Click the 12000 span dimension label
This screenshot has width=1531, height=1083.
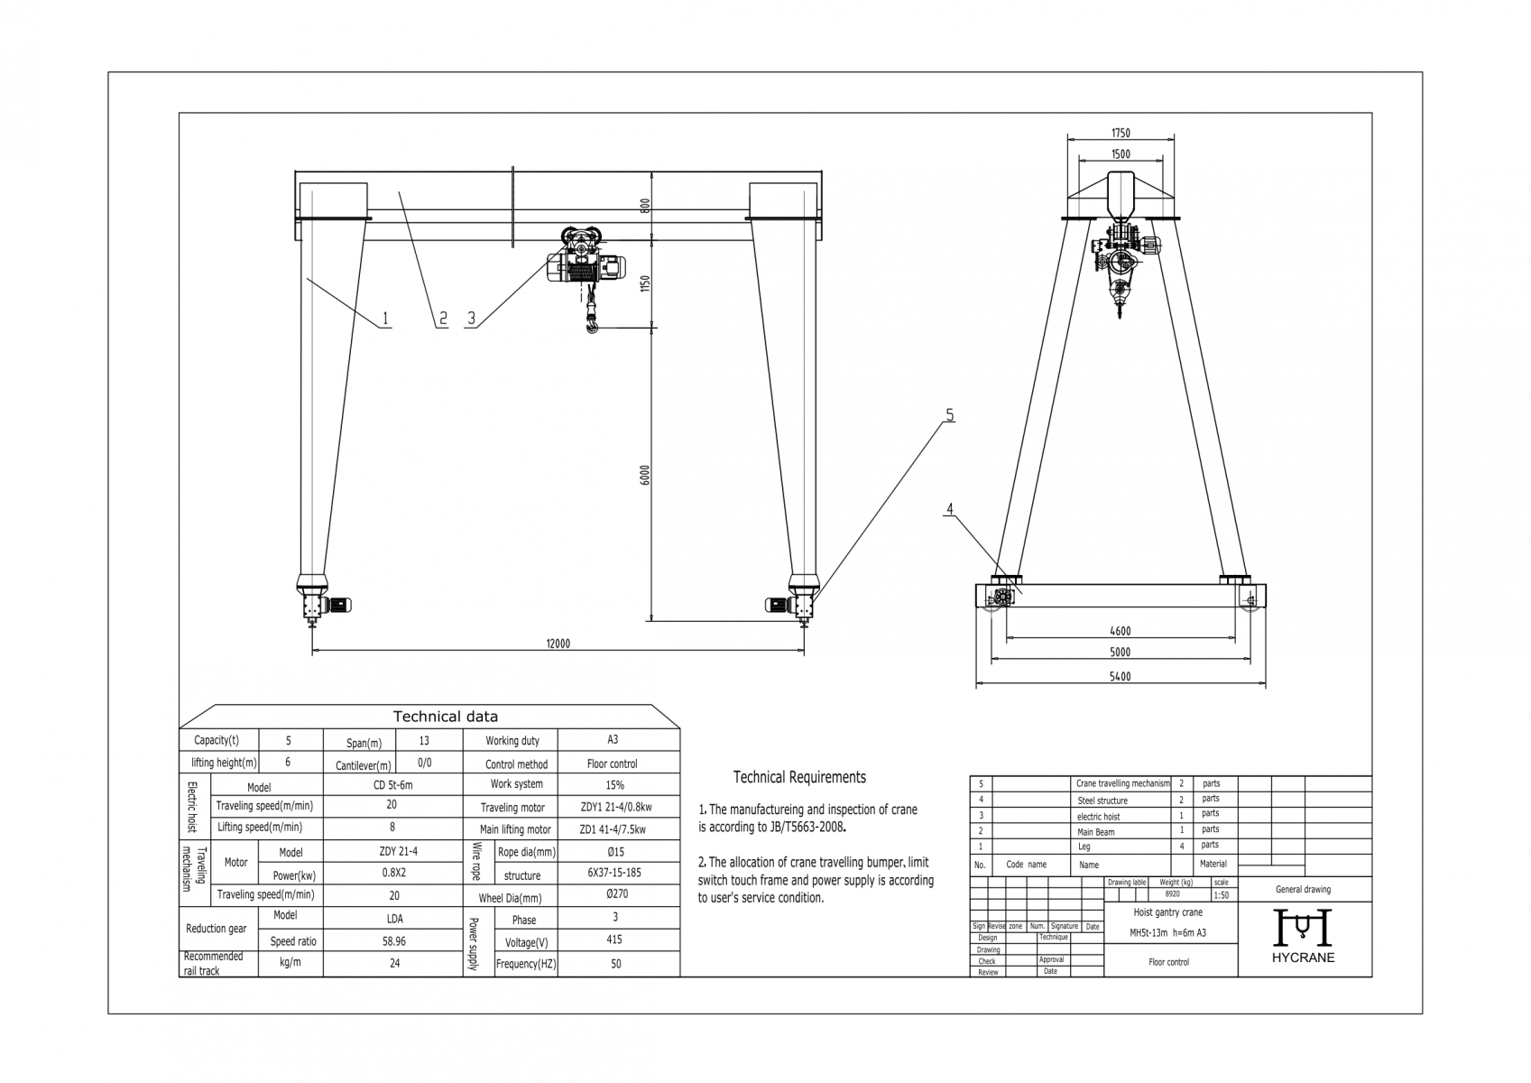tap(558, 643)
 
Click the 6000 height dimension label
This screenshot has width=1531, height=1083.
tap(644, 475)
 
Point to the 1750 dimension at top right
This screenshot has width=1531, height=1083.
tap(1121, 133)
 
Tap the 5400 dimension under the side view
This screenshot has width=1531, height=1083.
tap(1120, 676)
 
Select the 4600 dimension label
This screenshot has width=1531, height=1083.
tap(1120, 631)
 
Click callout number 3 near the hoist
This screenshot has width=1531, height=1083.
tap(471, 319)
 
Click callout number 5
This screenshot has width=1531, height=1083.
tap(949, 415)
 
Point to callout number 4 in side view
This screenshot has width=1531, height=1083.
tap(948, 510)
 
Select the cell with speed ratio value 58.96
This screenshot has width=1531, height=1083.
tap(394, 940)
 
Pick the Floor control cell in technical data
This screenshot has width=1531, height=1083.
tap(612, 764)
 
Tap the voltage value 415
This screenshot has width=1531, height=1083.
tap(614, 940)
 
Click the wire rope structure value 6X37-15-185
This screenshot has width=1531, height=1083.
tap(614, 874)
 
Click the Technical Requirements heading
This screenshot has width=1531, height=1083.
tap(799, 777)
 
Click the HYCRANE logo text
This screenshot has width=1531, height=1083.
tap(1303, 958)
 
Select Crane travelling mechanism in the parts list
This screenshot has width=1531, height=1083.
tap(1122, 783)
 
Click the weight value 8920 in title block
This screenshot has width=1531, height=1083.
tap(1172, 893)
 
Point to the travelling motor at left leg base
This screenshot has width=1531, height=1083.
tap(337, 606)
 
